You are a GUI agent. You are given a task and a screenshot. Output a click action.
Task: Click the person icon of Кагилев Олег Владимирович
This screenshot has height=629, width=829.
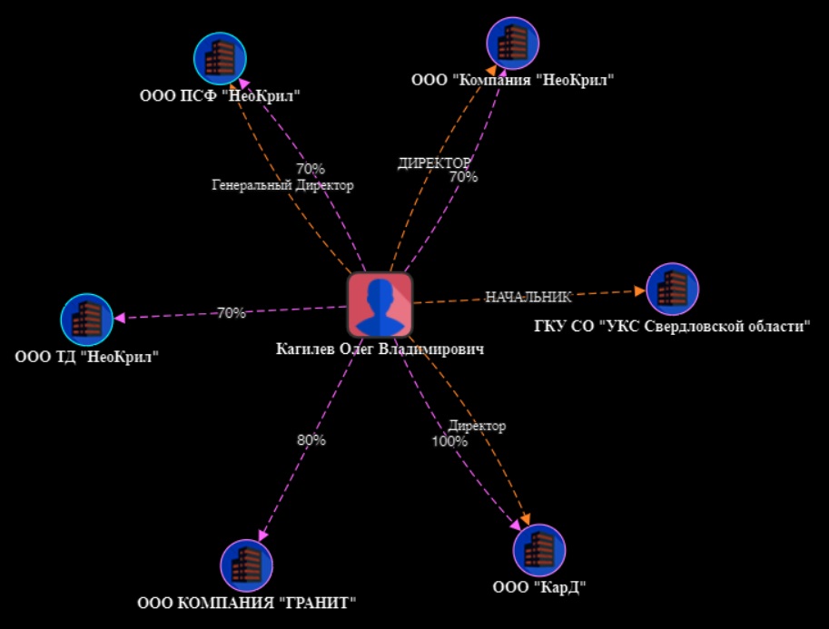(x=380, y=305)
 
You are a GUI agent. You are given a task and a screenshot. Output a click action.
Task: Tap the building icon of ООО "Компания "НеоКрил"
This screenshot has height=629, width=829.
(x=513, y=42)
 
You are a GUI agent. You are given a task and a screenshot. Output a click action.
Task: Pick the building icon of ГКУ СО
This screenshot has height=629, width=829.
(x=672, y=289)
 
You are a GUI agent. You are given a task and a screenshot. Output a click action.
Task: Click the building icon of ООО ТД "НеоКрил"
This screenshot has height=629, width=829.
(x=86, y=319)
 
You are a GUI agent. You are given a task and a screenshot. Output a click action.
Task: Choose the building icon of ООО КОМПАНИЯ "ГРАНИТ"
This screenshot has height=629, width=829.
(x=247, y=565)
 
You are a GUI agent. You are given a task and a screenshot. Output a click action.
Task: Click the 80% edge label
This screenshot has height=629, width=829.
(x=311, y=440)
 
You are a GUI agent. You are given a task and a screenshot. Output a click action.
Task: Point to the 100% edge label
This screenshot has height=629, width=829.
(x=449, y=442)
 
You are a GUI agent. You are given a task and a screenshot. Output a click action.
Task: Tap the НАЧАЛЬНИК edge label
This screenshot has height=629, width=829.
(x=528, y=297)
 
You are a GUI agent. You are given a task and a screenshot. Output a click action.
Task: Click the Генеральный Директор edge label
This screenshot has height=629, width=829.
(x=282, y=185)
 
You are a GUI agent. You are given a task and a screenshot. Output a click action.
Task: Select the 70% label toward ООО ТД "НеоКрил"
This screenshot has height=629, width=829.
(x=231, y=313)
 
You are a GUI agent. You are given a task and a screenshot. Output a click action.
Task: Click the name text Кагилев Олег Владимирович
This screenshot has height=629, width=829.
(x=380, y=349)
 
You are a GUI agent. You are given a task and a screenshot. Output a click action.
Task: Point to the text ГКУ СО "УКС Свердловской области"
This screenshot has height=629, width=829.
(x=671, y=326)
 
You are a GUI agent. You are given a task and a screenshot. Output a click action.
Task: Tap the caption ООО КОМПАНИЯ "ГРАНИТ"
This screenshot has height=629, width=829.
(x=246, y=602)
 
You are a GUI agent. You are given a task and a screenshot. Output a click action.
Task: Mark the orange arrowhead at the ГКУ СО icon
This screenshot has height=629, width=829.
(x=639, y=291)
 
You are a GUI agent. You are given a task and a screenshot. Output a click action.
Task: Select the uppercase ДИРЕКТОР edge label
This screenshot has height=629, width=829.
(x=434, y=163)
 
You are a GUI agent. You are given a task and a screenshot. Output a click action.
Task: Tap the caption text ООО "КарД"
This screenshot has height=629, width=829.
(x=539, y=587)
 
